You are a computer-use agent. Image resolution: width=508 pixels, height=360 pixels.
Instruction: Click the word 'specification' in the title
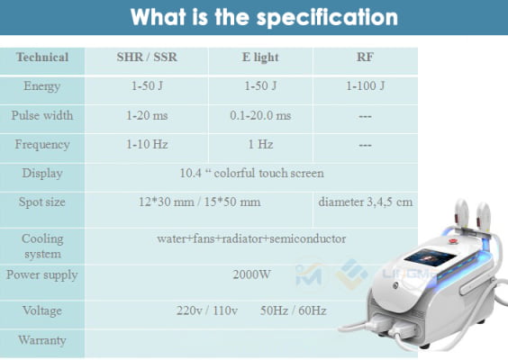[x=327, y=18]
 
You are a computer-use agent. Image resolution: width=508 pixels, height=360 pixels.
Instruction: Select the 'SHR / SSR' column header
[x=147, y=58]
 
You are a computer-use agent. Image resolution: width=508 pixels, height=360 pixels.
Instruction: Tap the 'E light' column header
[x=260, y=58]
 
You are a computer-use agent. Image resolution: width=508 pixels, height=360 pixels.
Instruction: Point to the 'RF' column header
[x=365, y=58]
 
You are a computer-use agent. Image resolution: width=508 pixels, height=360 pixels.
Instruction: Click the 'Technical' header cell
[x=42, y=58]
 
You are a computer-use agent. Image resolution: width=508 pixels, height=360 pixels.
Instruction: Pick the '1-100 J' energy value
[x=365, y=86]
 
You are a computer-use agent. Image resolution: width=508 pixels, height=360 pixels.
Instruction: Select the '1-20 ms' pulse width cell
[x=147, y=115]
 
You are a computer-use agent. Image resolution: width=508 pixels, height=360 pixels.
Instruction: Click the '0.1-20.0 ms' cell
[x=260, y=115]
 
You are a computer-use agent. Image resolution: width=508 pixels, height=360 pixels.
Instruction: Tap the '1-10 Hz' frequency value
[x=147, y=144]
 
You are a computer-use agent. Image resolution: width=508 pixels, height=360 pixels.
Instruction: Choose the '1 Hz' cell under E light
[x=260, y=144]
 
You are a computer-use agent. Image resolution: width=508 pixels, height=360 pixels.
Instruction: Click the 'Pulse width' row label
[x=42, y=115]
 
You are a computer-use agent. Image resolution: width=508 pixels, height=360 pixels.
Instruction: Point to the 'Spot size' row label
[x=42, y=202]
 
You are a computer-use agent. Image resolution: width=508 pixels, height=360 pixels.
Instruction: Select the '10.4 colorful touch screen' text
[x=251, y=173]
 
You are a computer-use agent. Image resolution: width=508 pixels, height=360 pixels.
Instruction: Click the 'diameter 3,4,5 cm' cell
[x=366, y=202]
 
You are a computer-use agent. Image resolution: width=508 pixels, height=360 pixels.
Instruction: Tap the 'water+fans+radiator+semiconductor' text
[x=251, y=238]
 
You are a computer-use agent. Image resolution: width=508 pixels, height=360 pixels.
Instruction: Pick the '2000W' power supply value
[x=251, y=274]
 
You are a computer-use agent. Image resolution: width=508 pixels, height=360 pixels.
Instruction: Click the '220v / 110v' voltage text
[x=207, y=310]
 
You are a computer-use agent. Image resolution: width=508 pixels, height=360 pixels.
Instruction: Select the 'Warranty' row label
[x=42, y=340]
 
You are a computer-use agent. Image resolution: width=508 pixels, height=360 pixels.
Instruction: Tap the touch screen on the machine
[x=431, y=257]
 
